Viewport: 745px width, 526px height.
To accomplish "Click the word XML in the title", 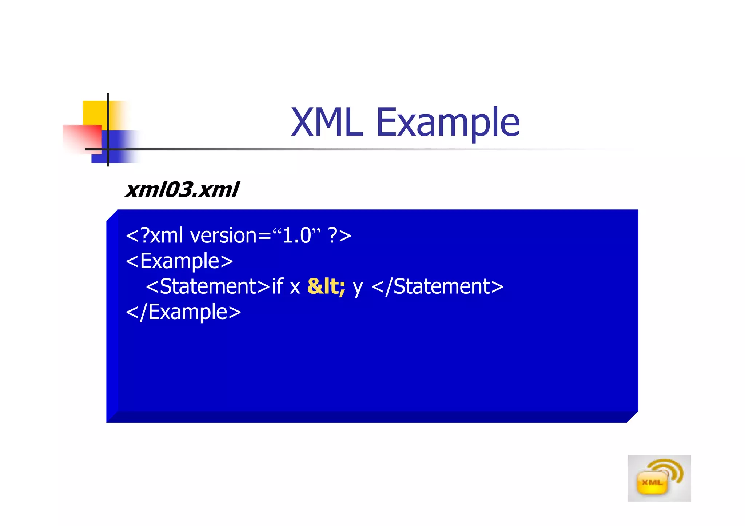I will pos(327,123).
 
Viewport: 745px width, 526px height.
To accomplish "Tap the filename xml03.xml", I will pos(182,190).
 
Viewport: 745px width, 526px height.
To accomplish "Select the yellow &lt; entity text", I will pos(326,286).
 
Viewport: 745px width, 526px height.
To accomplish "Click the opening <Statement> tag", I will pos(208,286).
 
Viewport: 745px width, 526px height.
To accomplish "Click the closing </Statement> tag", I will pos(437,286).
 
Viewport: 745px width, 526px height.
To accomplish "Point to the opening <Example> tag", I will pos(179,261).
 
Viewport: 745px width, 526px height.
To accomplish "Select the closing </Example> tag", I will pos(183,312).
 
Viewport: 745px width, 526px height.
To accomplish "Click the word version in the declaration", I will pos(223,236).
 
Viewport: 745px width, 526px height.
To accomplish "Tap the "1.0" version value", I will pos(296,236).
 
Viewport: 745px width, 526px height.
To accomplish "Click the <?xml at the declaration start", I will pos(154,236).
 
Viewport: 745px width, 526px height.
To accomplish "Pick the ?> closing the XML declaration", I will pos(339,236).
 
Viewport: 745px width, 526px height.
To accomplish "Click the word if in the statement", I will pos(277,286).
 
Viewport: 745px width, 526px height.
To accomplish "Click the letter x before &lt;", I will pos(295,287).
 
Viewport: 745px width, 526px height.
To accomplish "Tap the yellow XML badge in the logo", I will pos(652,483).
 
